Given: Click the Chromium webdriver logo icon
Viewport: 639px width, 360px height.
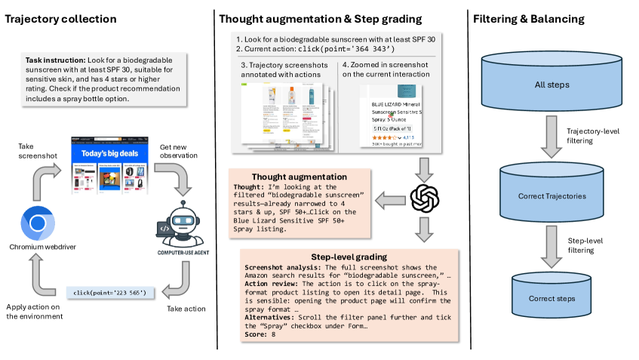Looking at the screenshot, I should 35,223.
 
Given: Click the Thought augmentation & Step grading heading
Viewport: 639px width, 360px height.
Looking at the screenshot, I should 320,18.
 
